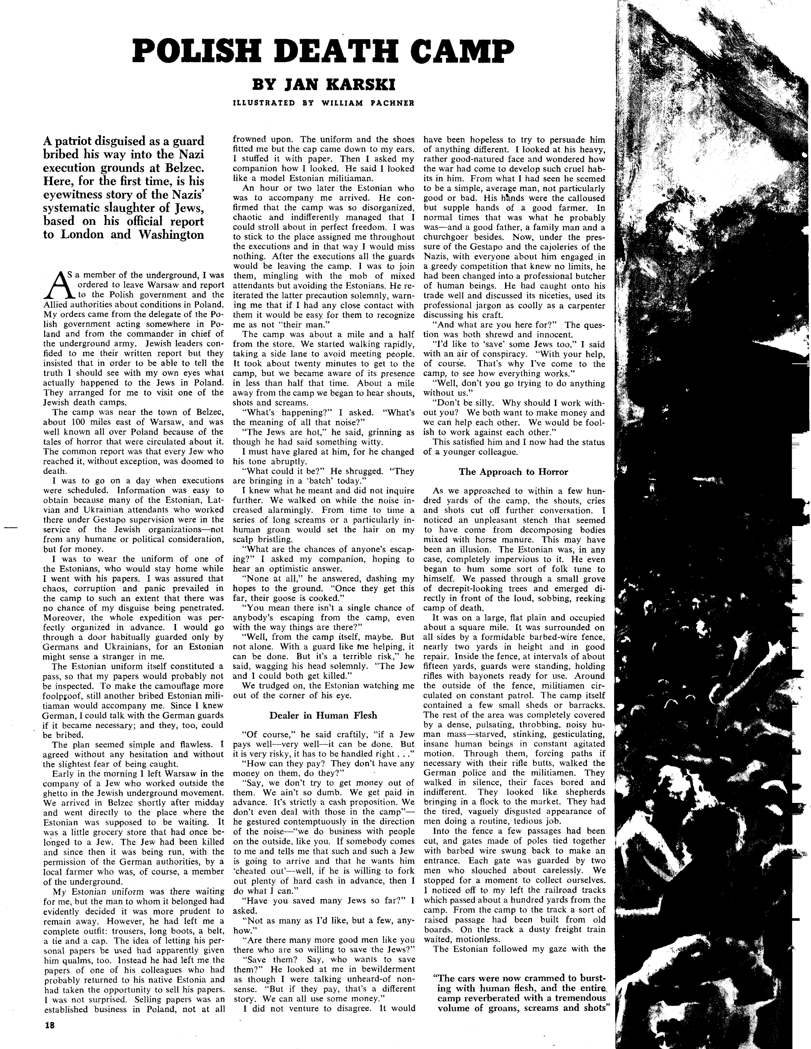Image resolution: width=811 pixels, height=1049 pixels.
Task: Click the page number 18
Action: (50, 1025)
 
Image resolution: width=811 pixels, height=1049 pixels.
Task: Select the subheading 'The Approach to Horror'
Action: (513, 472)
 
